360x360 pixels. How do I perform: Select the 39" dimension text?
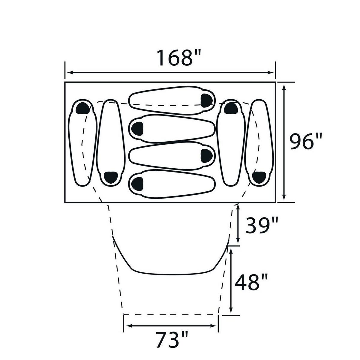pos(262,226)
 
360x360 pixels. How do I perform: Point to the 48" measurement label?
pos(251,283)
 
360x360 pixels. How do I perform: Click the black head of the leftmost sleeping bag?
pos(83,108)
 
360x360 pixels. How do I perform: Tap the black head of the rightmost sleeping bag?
pos(259,177)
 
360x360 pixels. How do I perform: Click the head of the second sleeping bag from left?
pos(111,177)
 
